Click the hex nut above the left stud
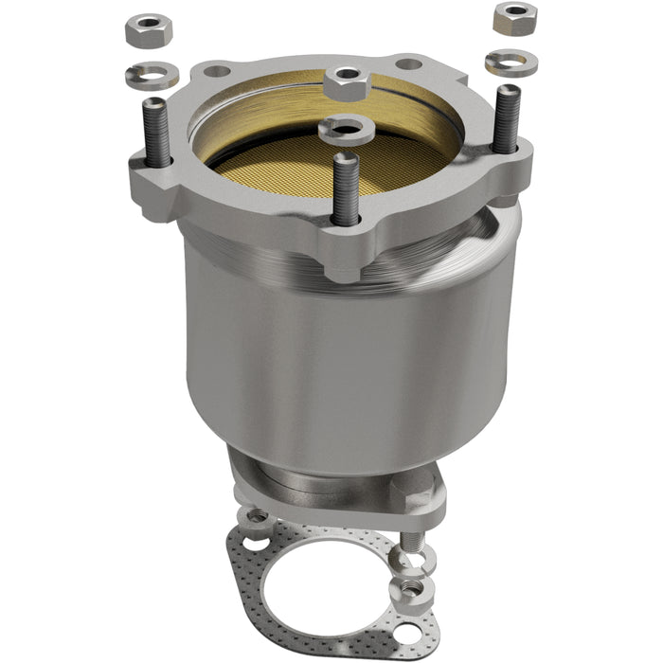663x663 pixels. tap(147, 30)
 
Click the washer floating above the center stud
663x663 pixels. tap(347, 128)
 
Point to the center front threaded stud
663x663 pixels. tap(347, 189)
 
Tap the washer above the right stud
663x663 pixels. tap(511, 63)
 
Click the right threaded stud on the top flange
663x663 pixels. tap(507, 117)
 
